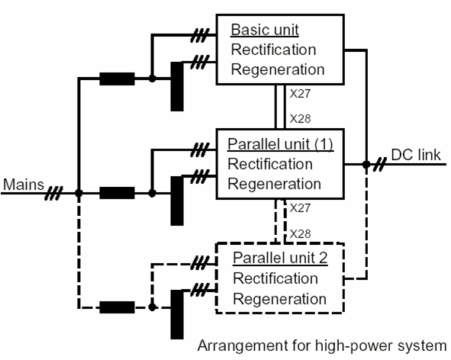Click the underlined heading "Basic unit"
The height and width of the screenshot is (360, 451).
coord(265,30)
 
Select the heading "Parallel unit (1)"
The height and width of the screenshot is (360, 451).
coord(280,144)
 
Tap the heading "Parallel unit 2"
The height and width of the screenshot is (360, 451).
coord(280,258)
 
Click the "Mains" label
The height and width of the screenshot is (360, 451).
coord(24,185)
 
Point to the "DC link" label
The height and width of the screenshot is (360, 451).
coord(416,156)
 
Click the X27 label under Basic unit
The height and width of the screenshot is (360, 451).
coord(300,94)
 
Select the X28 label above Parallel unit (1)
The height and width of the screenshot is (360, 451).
coord(300,119)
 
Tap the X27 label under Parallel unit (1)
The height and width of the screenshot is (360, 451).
coord(300,208)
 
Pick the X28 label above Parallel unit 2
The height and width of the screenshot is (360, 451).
coord(300,233)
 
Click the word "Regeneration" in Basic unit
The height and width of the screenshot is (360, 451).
coord(278,69)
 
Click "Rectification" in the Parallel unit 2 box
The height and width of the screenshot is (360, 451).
coord(275,278)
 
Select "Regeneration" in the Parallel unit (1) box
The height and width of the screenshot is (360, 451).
coord(275,184)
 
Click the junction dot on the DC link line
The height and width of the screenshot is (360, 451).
coord(366,165)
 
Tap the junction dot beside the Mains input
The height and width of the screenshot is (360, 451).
coord(79,193)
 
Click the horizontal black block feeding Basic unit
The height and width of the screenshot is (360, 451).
coord(117,79)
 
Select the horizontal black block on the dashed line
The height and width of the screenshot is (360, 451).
coord(117,307)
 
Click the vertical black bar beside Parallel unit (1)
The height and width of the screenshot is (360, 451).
coord(177,201)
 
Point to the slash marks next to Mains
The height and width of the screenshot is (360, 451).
coord(53,193)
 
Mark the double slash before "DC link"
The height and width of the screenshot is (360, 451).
coord(380,165)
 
